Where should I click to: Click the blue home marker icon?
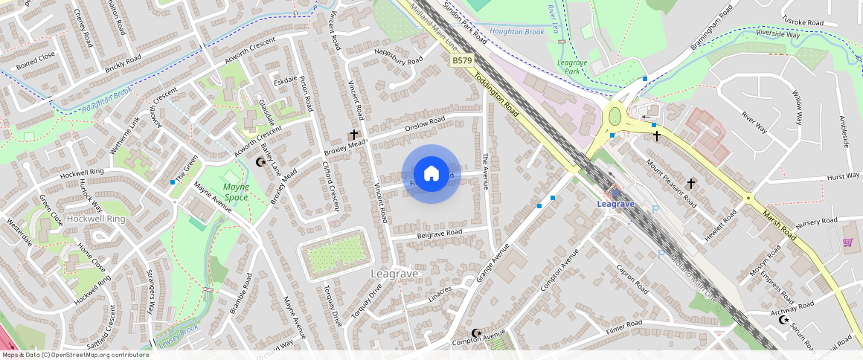431,174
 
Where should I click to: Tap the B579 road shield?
462,60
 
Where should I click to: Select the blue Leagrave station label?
615,204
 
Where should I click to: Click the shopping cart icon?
847,242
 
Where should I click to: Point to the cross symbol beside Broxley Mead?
354,135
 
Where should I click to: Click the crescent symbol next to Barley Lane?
260,161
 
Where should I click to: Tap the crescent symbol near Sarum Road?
783,320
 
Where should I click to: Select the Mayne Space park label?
235,192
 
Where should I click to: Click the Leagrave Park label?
572,67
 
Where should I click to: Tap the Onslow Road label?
424,123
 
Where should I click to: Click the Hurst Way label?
842,176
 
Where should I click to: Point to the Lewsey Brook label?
179,335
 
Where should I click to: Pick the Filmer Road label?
623,324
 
